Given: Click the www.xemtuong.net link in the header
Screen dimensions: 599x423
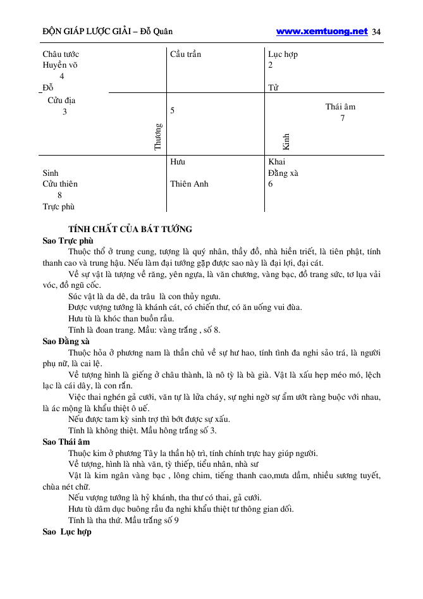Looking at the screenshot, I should [x=322, y=31].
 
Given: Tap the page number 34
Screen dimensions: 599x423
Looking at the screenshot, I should [x=377, y=32].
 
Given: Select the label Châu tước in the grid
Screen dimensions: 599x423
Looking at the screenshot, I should [x=61, y=54].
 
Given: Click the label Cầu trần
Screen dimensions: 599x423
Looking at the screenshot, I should [x=186, y=54].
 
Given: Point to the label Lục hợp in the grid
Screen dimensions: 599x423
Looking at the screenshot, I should [x=283, y=54].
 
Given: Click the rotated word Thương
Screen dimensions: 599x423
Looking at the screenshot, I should [x=158, y=136].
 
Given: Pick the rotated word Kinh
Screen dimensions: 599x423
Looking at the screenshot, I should [x=286, y=140].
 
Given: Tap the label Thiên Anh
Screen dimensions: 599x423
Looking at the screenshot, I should [x=189, y=184].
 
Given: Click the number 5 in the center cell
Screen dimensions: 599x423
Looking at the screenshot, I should [x=173, y=111].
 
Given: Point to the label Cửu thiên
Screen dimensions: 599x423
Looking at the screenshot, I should [x=60, y=184].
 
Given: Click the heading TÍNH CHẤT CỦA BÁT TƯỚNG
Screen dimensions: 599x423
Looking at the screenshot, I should [x=130, y=229].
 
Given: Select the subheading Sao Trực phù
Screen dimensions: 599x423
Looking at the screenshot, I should [x=68, y=240].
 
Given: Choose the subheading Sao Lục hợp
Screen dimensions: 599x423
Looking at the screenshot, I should [x=67, y=532].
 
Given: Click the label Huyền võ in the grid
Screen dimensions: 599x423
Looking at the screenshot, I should [x=61, y=65].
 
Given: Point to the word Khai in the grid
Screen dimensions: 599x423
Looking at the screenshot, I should [x=277, y=162].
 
